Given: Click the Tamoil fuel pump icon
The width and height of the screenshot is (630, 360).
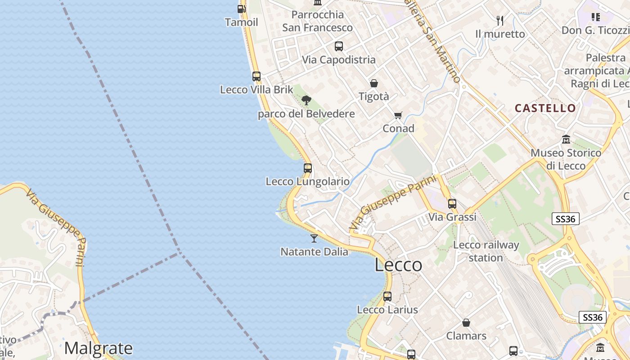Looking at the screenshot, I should point(242,9).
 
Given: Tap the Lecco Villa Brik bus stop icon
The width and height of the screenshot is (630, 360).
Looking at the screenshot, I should point(256,76).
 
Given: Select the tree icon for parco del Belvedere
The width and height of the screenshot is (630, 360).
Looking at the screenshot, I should point(306,100).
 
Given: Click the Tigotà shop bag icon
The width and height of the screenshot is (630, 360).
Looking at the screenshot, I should point(374,83).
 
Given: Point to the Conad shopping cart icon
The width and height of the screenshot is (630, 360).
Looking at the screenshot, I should point(398,116).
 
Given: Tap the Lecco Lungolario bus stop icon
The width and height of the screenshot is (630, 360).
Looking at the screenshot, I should point(308,168).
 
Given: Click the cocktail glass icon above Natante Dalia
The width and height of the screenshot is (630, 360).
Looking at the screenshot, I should point(314,238).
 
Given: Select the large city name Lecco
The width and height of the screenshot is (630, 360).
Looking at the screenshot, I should point(398,265).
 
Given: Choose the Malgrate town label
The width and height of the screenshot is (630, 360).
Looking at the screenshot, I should point(98,348).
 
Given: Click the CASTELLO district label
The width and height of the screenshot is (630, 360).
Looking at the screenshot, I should point(545,108).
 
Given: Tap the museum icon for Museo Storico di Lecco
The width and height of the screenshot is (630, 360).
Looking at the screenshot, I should point(566,139).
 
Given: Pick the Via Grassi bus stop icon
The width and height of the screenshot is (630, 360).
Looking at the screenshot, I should point(452,204).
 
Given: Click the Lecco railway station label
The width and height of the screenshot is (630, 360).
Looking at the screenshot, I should point(486,252).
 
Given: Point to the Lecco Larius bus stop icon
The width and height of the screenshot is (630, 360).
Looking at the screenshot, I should point(387,297).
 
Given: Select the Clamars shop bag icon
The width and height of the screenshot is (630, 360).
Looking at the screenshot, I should point(466,323).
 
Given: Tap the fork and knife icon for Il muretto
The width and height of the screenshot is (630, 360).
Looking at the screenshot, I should point(500,20).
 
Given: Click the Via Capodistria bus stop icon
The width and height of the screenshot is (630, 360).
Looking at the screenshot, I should point(339,46).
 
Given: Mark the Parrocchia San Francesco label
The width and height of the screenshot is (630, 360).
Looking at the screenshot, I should point(317,21).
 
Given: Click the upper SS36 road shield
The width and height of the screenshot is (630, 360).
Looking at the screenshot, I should point(565,219).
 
